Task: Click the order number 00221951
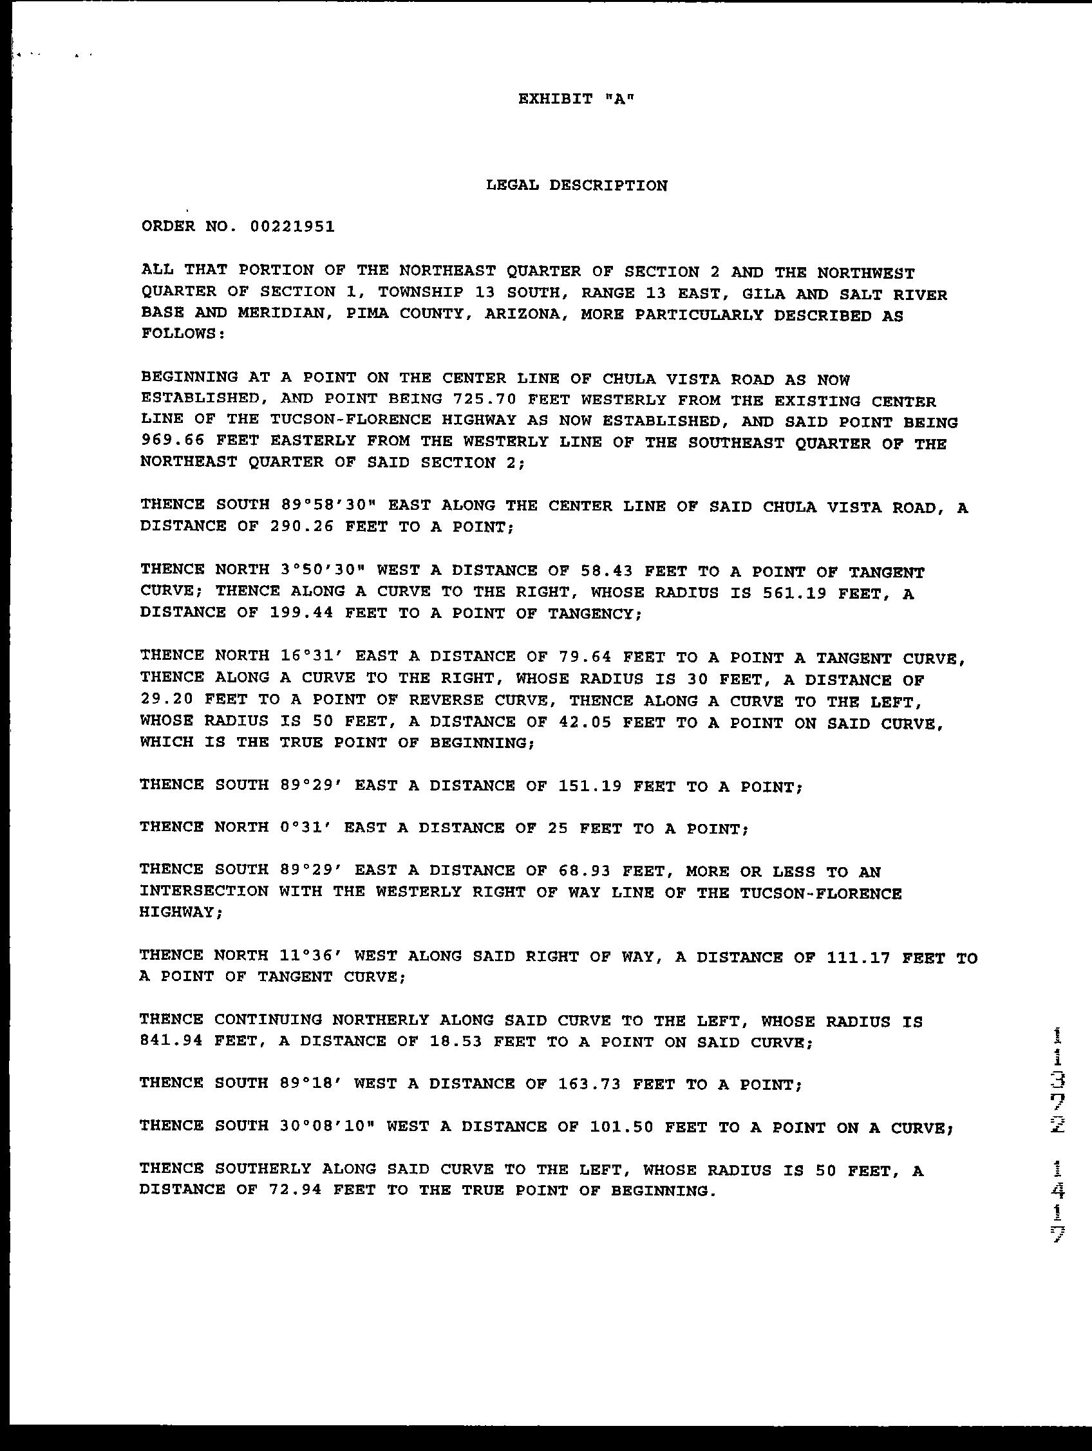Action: click(292, 227)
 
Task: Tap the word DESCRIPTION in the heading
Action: click(608, 185)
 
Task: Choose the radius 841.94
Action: click(172, 1041)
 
